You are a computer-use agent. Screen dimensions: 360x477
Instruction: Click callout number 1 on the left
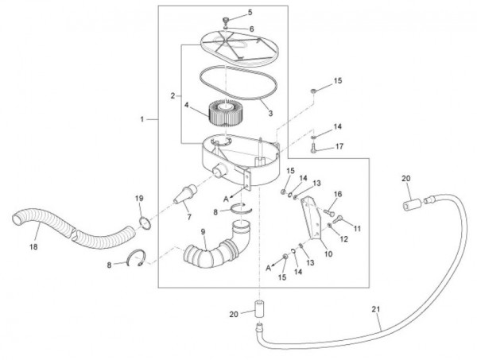142,118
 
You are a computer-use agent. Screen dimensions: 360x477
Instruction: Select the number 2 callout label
172,96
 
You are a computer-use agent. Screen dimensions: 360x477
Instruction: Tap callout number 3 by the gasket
270,113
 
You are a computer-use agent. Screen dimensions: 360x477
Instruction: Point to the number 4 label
188,105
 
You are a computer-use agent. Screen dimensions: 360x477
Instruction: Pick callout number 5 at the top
227,13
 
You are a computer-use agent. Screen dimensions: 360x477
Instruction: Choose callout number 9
203,233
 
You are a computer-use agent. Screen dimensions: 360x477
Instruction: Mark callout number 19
138,198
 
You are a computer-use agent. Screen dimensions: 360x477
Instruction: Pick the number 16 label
337,194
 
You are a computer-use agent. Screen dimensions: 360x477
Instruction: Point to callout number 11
357,228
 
